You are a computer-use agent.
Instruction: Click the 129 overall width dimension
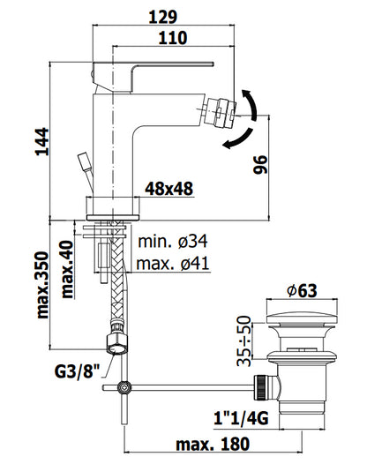pyautogui.click(x=163, y=17)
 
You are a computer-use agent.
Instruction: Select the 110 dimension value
pyautogui.click(x=173, y=38)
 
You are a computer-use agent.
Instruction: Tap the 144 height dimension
pyautogui.click(x=42, y=142)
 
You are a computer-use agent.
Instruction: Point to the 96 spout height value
pyautogui.click(x=260, y=165)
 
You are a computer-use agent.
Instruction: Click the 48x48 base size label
pyautogui.click(x=169, y=189)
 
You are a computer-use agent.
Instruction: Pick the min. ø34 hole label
pyautogui.click(x=173, y=242)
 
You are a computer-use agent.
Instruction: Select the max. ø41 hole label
pyautogui.click(x=173, y=263)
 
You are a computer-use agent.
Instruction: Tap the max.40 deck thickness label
pyautogui.click(x=67, y=269)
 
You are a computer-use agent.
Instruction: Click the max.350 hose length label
pyautogui.click(x=42, y=285)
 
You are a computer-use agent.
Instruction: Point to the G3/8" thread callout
pyautogui.click(x=77, y=371)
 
